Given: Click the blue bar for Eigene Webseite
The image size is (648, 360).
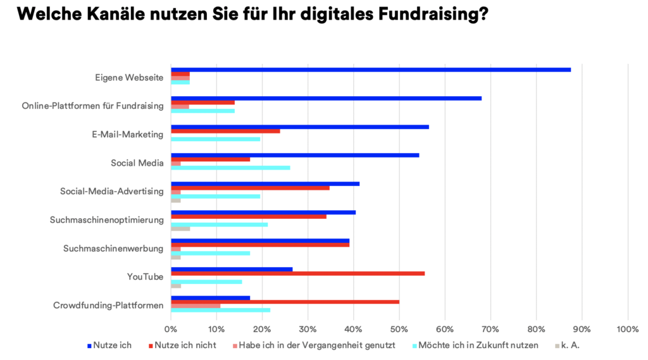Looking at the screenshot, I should [x=371, y=70].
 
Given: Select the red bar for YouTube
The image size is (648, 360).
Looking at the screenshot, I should [x=297, y=273].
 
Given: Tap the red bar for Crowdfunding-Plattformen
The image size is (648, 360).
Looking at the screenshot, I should [x=285, y=302].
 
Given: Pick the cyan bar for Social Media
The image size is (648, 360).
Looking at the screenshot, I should [x=230, y=168].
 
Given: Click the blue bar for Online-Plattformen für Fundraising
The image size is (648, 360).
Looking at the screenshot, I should [x=326, y=98].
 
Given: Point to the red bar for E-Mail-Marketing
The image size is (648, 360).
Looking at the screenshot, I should [x=225, y=131].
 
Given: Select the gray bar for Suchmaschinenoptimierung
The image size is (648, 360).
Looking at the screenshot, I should [x=180, y=228].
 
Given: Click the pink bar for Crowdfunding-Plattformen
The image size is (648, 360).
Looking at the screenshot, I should [x=196, y=306].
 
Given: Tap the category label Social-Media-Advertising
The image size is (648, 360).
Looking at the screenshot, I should [x=112, y=191].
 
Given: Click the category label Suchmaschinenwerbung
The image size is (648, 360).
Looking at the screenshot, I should [x=113, y=248].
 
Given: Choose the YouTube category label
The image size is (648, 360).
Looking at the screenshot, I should [x=145, y=276].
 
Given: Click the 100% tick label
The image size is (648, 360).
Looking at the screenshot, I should [x=627, y=328].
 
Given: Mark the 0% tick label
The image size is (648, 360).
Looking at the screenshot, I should [x=171, y=328].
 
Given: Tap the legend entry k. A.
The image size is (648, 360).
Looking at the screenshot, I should [x=571, y=345].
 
